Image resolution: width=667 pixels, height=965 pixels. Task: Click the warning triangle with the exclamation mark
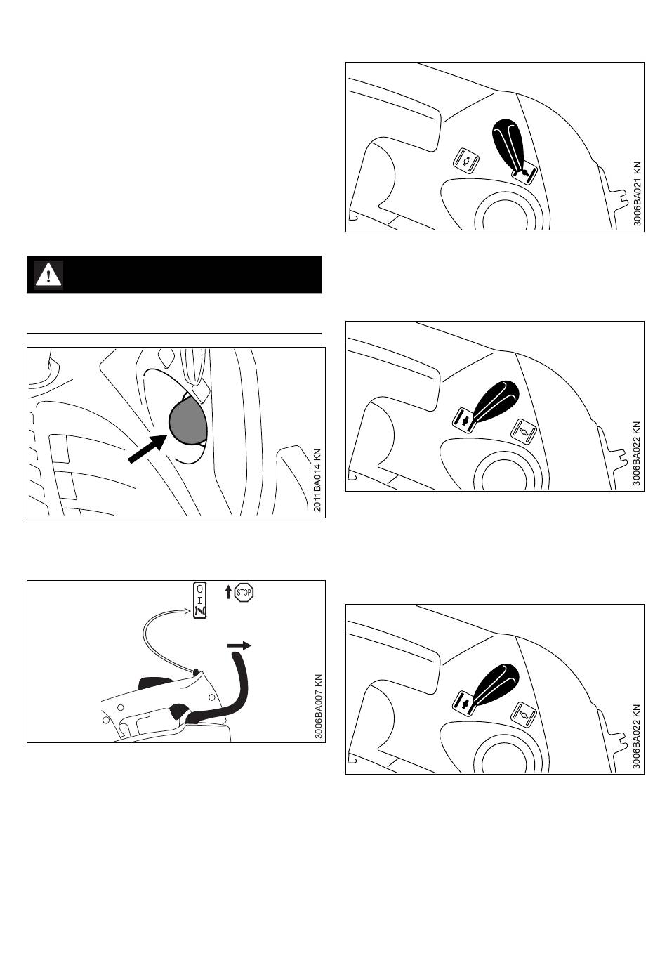click(x=48, y=275)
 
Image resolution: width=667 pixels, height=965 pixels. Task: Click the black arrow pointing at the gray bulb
click(x=147, y=449)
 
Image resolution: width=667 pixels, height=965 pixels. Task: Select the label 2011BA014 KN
click(x=317, y=480)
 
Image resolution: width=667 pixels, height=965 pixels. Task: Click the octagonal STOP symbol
click(x=244, y=592)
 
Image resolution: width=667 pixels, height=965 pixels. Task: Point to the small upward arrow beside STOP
click(x=228, y=592)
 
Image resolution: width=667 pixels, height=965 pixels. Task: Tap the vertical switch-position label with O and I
click(x=200, y=600)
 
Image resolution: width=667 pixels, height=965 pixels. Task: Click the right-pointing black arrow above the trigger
click(x=239, y=645)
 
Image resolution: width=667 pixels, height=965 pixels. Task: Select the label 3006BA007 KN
click(x=319, y=707)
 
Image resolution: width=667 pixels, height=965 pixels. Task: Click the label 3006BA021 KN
click(x=638, y=194)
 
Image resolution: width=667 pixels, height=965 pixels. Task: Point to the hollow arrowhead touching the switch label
click(x=187, y=610)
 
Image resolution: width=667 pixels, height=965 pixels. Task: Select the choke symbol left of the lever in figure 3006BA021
click(x=466, y=159)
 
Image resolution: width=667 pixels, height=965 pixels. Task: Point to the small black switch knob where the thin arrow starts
click(x=196, y=671)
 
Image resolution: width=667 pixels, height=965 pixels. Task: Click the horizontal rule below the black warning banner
click(x=174, y=334)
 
